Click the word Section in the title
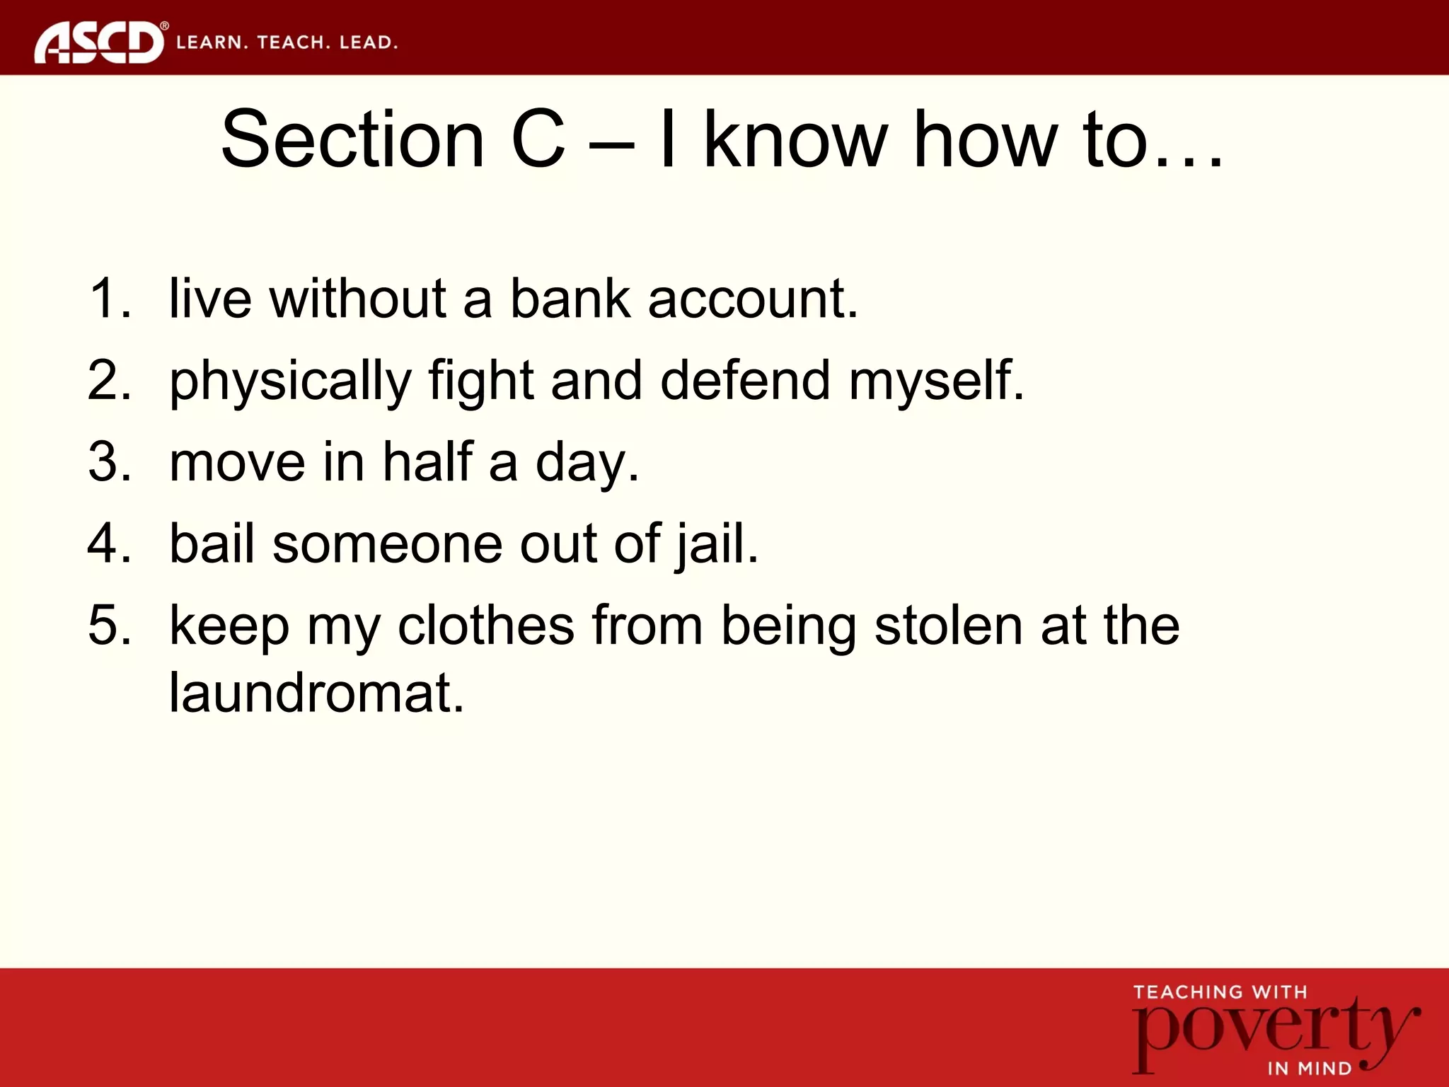(x=352, y=139)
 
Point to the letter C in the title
(x=538, y=139)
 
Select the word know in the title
(x=795, y=139)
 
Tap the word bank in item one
(x=570, y=299)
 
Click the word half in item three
(x=427, y=462)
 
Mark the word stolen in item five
(x=949, y=626)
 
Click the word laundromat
(x=316, y=692)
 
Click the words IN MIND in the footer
(x=1309, y=1069)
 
